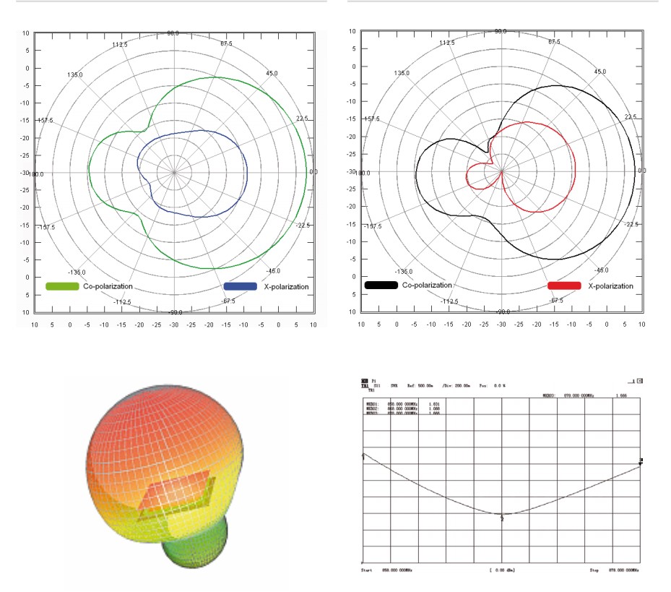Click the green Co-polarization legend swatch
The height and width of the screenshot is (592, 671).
(62, 286)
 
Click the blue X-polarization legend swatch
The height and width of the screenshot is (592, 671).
(241, 286)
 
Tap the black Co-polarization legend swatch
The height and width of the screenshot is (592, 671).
(381, 286)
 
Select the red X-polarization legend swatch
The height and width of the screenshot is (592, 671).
(564, 286)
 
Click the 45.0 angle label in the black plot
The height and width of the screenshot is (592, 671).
(600, 72)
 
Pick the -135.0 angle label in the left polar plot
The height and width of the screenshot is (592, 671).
(77, 273)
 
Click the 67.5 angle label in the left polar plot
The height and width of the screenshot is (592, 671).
(227, 44)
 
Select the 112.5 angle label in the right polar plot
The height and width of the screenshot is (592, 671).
(447, 43)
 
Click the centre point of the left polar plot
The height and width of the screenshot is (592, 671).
(174, 173)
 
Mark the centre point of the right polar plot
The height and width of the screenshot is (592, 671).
(501, 171)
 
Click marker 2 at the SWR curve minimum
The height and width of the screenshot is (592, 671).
(501, 515)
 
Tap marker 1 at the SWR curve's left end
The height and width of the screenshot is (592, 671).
(363, 456)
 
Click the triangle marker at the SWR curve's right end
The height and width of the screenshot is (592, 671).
(640, 462)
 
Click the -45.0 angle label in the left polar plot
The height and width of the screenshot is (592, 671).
(273, 271)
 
